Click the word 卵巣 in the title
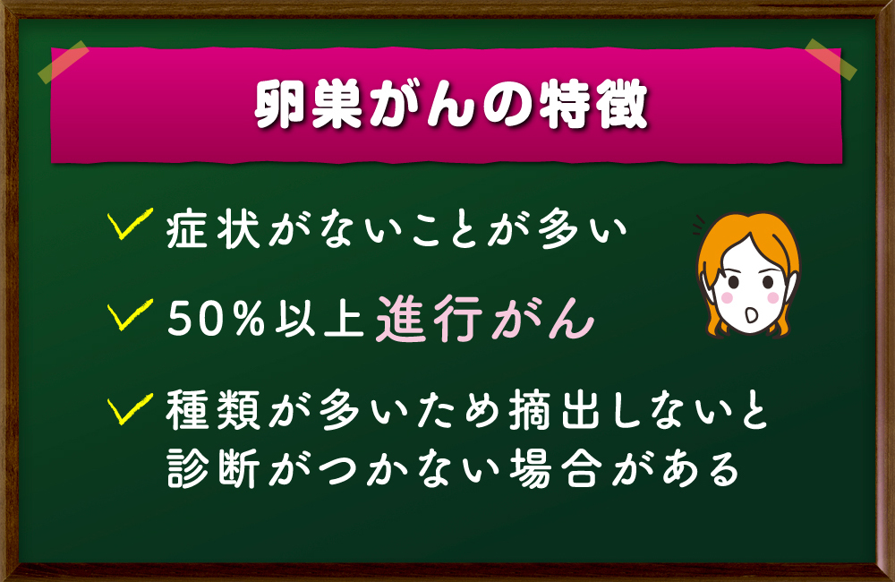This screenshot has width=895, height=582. coord(309,105)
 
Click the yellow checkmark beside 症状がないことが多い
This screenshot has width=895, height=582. coord(130,223)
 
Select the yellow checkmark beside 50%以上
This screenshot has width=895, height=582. coord(130,314)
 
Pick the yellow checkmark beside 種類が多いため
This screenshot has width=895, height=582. coord(130,408)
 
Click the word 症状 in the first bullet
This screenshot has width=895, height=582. coord(214,228)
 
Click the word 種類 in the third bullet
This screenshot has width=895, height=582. coord(214,409)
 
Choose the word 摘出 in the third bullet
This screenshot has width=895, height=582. coord(554,409)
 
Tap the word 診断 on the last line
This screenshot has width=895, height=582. coord(214,468)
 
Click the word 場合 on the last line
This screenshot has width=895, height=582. coord(554,468)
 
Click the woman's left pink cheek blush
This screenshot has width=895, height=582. coord(727,297)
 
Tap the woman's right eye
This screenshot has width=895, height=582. coord(768,282)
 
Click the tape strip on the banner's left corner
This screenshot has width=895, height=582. coord(64,62)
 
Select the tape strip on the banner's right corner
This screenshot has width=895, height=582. coord(831,59)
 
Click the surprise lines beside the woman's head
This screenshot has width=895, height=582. coord(698,226)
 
